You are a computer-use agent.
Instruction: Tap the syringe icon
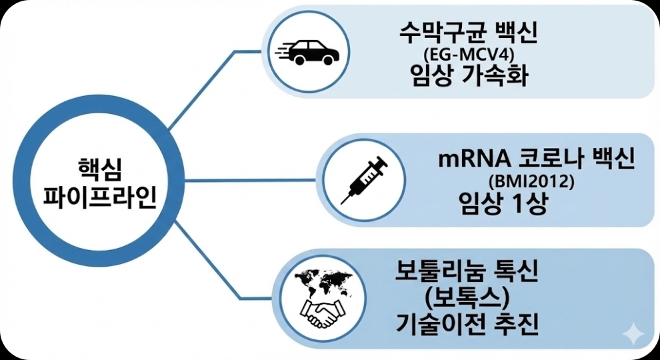coord(363,179)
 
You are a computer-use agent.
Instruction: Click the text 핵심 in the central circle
coord(100,167)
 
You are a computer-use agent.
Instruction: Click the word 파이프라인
coord(100,197)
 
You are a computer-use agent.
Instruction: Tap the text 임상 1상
coord(503,203)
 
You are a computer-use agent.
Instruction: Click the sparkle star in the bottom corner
coord(631,333)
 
